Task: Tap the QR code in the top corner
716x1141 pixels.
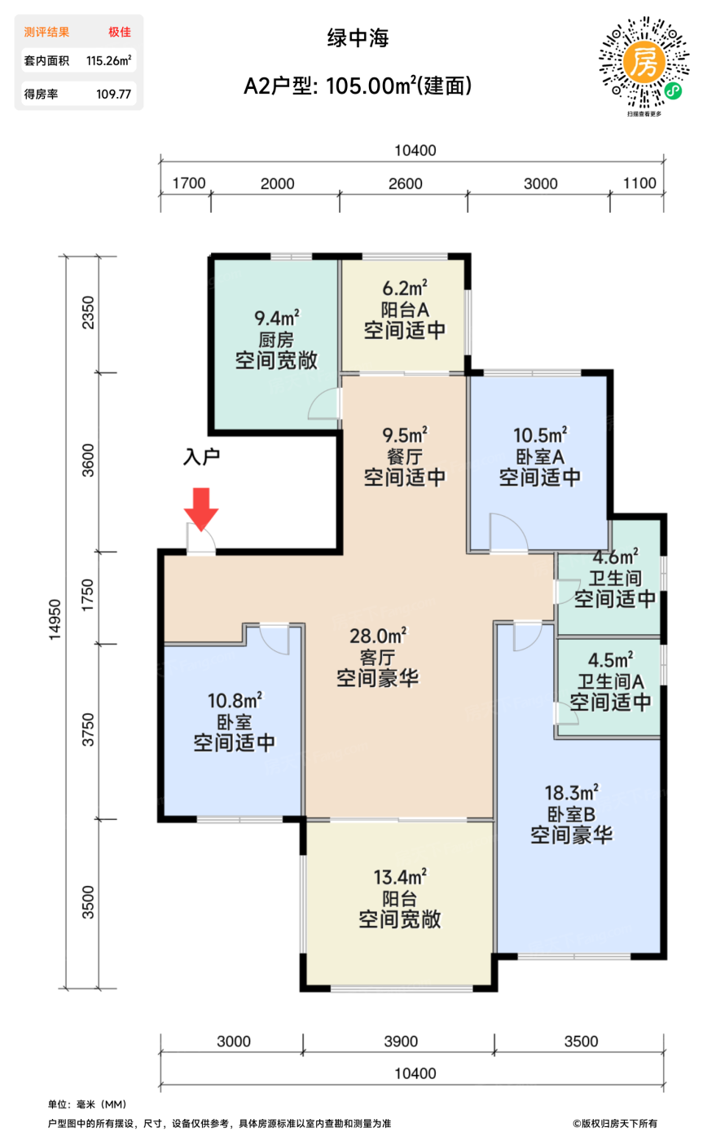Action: pos(644,63)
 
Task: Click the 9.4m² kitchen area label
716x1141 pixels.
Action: pos(276,318)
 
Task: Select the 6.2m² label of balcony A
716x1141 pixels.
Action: pos(405,288)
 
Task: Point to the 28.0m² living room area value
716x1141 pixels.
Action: pos(378,636)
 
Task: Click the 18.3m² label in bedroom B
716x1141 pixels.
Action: pos(571,792)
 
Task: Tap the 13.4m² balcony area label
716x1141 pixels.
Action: pos(400,877)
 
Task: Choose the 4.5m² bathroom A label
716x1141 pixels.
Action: pos(610,659)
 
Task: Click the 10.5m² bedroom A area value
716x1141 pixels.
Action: pos(539,434)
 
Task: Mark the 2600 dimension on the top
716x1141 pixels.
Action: pos(405,183)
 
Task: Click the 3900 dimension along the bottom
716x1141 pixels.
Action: pos(400,1041)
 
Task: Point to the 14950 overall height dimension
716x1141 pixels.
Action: pos(55,619)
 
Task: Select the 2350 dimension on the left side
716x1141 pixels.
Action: pos(88,312)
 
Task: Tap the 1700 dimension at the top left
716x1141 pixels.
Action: pos(189,183)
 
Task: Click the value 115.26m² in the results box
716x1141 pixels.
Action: pos(108,60)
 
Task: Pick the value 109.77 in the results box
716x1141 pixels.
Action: pos(113,94)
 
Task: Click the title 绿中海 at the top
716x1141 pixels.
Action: pos(358,37)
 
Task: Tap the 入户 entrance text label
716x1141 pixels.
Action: pos(201,456)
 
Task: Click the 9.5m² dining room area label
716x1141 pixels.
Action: pos(405,434)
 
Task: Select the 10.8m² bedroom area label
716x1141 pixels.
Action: pos(235,700)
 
